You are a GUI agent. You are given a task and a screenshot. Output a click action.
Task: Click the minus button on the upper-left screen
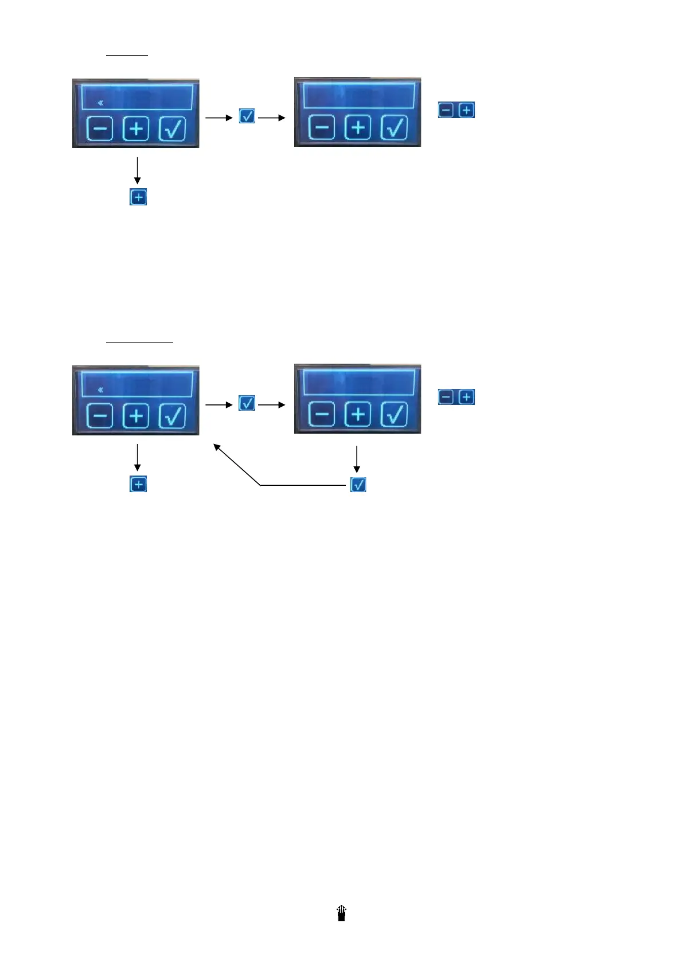click(100, 128)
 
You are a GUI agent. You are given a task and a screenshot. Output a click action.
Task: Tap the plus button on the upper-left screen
click(136, 128)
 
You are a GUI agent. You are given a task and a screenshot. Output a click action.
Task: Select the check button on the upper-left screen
click(172, 128)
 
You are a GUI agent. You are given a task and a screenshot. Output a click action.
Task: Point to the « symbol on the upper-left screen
click(100, 103)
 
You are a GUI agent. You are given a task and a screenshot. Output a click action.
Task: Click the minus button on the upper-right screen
click(322, 127)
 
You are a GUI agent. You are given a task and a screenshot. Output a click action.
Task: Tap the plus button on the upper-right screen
click(358, 127)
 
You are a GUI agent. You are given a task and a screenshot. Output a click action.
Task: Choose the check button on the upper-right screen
click(394, 127)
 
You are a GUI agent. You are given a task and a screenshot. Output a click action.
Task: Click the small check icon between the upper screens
click(247, 116)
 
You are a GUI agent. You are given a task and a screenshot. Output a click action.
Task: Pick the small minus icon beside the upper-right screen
click(446, 110)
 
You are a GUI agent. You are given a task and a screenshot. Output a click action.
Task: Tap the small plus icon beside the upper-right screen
click(467, 110)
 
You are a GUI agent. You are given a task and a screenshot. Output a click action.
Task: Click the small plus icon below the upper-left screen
click(138, 197)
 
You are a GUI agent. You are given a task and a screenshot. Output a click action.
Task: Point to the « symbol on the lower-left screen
click(100, 389)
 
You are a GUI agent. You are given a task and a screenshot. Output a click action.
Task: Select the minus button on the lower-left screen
click(100, 415)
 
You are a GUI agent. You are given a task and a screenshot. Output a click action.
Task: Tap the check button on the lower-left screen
click(172, 415)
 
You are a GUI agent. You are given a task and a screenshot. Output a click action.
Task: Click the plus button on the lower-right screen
click(358, 414)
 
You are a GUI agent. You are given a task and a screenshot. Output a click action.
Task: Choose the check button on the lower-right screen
click(394, 414)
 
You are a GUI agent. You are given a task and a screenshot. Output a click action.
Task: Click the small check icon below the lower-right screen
click(358, 485)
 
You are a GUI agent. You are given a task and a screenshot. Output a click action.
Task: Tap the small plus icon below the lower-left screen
click(138, 484)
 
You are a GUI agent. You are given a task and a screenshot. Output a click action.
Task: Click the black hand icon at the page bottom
click(342, 913)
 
